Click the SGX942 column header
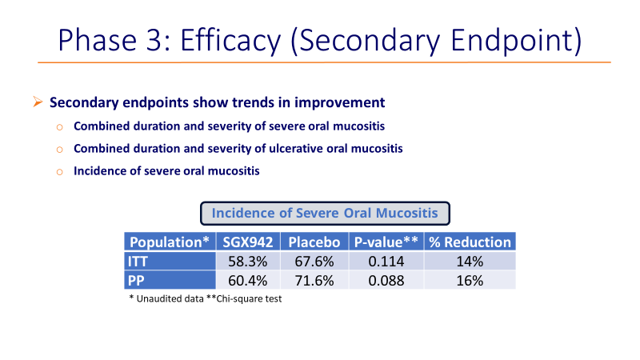coord(248,242)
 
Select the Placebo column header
coord(314,242)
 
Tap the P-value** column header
coord(386,242)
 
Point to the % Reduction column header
coord(470,242)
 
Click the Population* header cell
coord(170,242)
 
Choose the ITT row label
coord(170,261)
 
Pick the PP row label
coord(170,280)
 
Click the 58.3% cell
coord(248,261)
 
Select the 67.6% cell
coord(314,261)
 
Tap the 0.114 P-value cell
coord(386,261)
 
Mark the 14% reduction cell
coord(470,261)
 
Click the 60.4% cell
coord(248,280)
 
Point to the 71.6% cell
coord(314,280)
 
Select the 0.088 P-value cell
coord(386,280)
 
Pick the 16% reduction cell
coord(470,280)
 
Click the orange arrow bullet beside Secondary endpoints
coord(38,102)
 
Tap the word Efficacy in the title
coord(230,41)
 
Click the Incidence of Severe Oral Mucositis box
coord(325,213)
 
